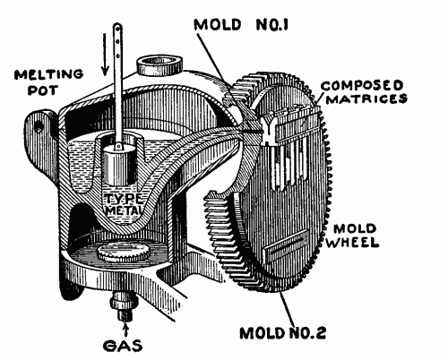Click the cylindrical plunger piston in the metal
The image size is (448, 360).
coord(125,166)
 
